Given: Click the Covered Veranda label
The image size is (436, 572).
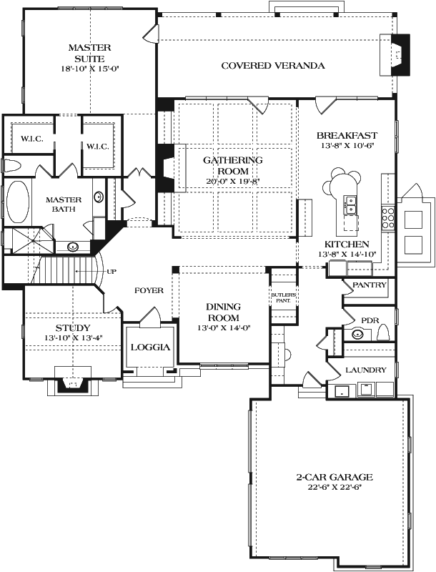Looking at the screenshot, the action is (x=273, y=66).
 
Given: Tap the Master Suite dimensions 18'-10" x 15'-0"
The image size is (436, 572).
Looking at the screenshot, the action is (x=90, y=68).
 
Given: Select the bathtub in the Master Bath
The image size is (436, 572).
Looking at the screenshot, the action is (x=18, y=202).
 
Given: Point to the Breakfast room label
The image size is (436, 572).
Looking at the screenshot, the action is (x=347, y=136).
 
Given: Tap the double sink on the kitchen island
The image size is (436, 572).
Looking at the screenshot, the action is (x=351, y=205).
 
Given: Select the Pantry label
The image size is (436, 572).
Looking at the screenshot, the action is (x=370, y=285).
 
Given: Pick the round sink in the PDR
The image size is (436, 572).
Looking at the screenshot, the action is (x=358, y=334).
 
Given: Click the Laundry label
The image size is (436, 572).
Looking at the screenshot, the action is (x=366, y=370).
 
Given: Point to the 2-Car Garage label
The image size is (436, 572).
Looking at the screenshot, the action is (x=335, y=477).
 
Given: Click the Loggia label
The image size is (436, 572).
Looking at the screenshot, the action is (x=150, y=347).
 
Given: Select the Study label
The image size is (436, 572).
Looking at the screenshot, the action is (x=73, y=328).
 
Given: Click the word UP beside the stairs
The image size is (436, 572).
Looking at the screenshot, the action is (x=112, y=272).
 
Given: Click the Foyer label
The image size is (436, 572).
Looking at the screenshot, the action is (x=149, y=291).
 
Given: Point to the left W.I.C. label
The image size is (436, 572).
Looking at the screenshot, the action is (x=31, y=139).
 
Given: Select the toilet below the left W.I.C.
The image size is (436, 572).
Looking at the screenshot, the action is (x=12, y=165).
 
